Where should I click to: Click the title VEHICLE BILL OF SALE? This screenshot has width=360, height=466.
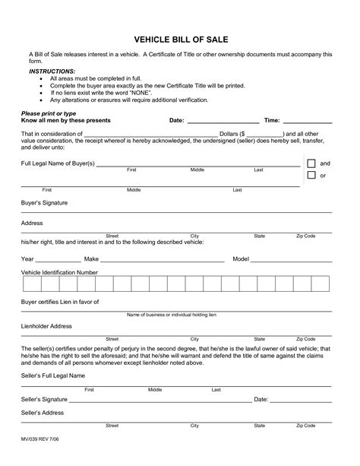click(x=180, y=37)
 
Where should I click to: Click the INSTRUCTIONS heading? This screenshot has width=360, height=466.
click(x=47, y=68)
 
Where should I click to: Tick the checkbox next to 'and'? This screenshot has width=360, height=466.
click(x=311, y=163)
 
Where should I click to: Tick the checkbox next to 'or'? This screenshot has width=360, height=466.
click(x=311, y=176)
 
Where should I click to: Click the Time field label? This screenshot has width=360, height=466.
click(x=272, y=120)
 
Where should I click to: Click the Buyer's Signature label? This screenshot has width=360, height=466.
click(x=43, y=204)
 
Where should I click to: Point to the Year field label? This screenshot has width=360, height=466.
click(x=27, y=259)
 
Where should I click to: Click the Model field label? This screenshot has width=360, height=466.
click(x=241, y=259)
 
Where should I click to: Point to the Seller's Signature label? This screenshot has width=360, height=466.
click(x=44, y=399)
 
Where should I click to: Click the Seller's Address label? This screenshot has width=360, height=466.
click(x=43, y=413)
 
